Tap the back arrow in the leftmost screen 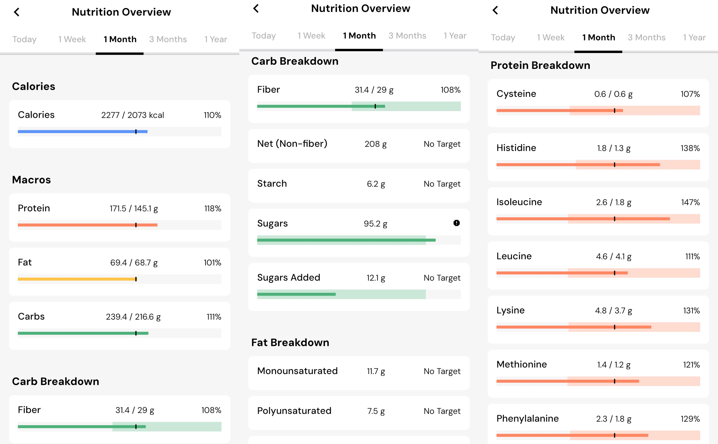pos(17,12)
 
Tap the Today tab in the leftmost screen pos(24,39)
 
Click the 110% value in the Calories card pos(212,115)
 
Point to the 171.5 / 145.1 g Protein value pos(134,209)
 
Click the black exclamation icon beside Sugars pos(456,223)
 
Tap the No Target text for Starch pos(442,184)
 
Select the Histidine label pos(516,148)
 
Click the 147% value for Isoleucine pos(690,202)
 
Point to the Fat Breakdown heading pos(290,342)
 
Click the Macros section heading pos(31,180)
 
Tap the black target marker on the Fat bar pos(136,279)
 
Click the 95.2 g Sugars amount pos(375,224)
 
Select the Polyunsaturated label pos(294,411)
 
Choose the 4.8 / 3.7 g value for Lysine pos(613,311)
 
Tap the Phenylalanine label pos(528,419)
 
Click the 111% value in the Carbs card pos(214,317)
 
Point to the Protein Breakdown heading pos(540,65)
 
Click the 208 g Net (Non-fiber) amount pos(375,144)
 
